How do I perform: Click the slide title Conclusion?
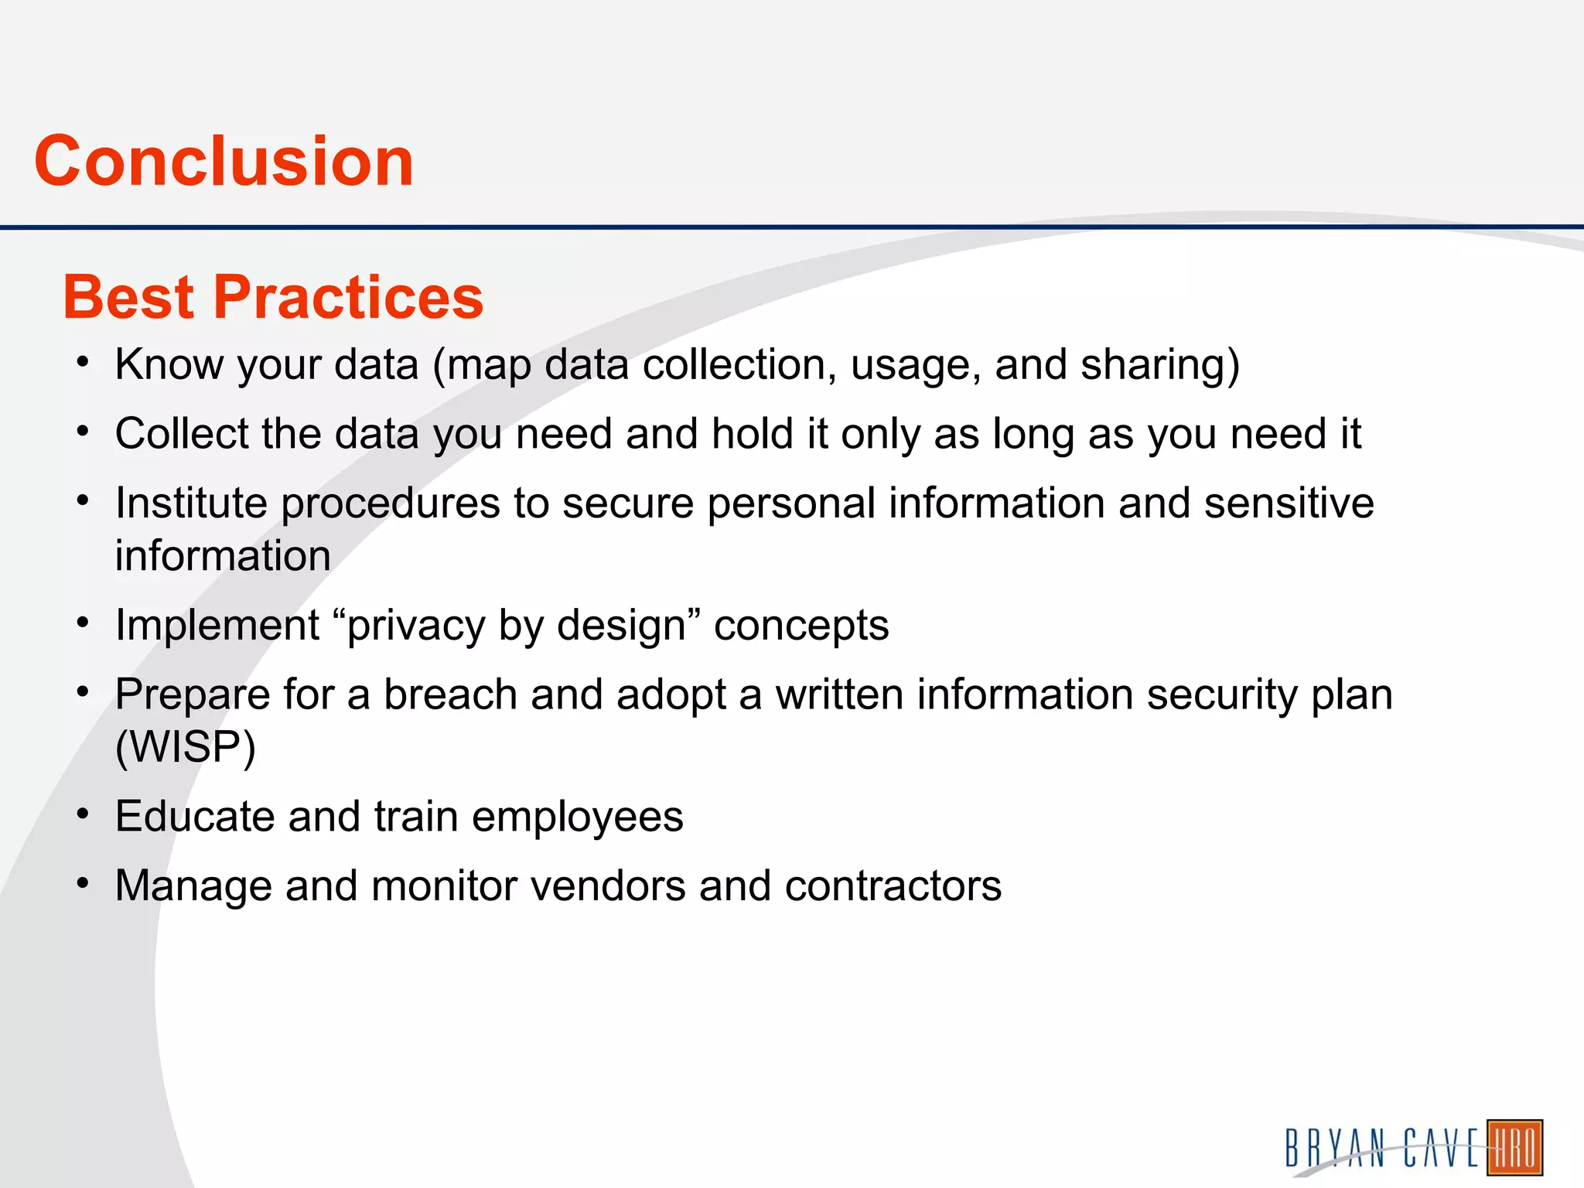pyautogui.click(x=224, y=161)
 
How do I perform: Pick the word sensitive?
pyautogui.click(x=1289, y=503)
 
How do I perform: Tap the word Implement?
pyautogui.click(x=217, y=625)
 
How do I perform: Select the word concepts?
pyautogui.click(x=801, y=625)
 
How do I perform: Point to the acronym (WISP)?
pyautogui.click(x=185, y=747)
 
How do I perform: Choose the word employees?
pyautogui.click(x=577, y=817)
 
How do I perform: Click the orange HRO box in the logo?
pyautogui.click(x=1514, y=1148)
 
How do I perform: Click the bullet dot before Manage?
pyautogui.click(x=84, y=882)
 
